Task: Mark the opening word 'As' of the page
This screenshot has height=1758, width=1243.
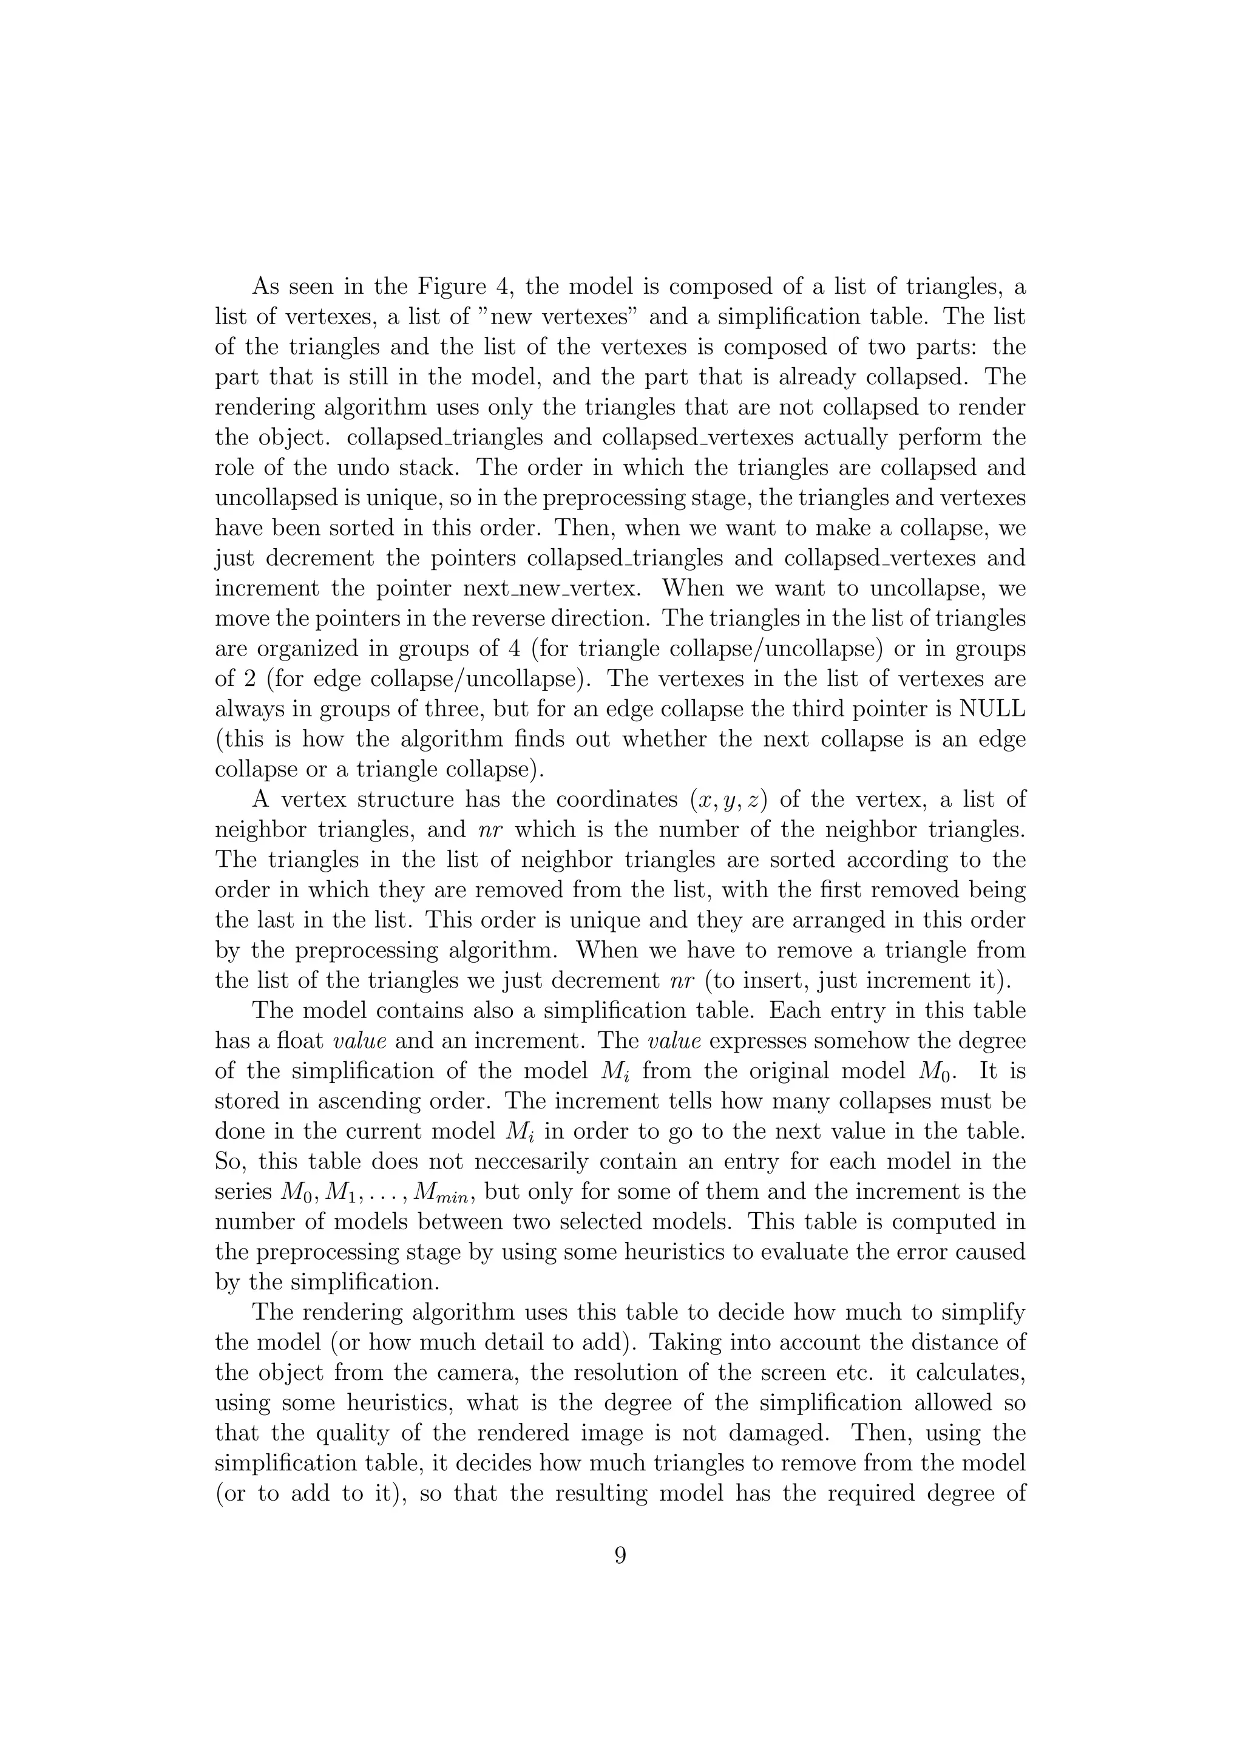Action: (266, 287)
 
